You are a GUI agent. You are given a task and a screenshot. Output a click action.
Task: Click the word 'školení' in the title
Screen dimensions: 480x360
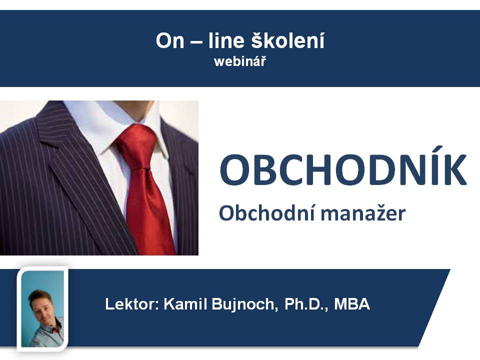click(x=288, y=40)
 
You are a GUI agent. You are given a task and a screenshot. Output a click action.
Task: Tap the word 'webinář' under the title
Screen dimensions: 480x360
click(x=240, y=62)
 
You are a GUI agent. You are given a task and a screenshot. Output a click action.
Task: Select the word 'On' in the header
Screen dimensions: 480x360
click(x=170, y=40)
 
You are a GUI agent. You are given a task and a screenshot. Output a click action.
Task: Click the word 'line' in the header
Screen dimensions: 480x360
click(x=227, y=40)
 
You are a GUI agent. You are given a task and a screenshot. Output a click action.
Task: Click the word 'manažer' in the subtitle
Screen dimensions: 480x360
click(x=363, y=213)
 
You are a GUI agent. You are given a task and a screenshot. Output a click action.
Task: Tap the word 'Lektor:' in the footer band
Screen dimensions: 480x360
click(x=132, y=304)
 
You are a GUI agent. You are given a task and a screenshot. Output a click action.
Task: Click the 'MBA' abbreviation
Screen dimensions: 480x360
click(x=352, y=304)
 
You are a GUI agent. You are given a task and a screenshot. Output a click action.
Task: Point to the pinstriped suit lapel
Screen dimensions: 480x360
click(x=76, y=171)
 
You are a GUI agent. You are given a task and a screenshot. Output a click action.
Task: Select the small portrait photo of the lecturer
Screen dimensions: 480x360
click(x=42, y=308)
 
